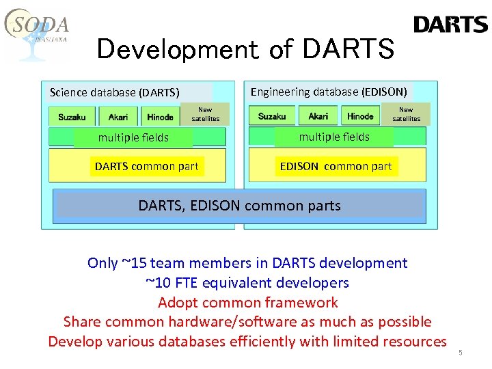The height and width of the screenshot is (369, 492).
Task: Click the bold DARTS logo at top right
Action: [x=450, y=25]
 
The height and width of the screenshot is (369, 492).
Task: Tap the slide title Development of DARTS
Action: [x=245, y=49]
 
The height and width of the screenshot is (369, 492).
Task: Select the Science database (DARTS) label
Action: [x=115, y=92]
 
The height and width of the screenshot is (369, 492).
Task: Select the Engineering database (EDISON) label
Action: [x=329, y=92]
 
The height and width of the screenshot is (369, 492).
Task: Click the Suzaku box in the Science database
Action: [x=72, y=117]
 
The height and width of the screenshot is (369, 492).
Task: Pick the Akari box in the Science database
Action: [x=118, y=117]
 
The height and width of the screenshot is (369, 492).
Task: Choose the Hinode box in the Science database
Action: [x=160, y=117]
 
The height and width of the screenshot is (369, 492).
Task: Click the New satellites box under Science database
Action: [x=205, y=114]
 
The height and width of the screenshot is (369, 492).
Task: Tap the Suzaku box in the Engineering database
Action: [x=272, y=116]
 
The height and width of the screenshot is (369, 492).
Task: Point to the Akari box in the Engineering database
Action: [x=318, y=116]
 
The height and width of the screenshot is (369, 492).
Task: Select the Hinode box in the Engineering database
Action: [x=360, y=116]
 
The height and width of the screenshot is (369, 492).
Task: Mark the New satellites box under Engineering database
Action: [x=406, y=113]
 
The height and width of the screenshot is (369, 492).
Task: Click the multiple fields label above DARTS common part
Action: [x=133, y=137]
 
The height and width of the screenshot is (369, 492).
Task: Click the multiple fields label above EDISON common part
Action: [x=334, y=137]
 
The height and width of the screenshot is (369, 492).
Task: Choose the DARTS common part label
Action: [x=147, y=166]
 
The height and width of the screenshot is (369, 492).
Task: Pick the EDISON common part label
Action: [x=336, y=166]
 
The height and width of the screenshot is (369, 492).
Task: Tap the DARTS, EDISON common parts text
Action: [x=239, y=205]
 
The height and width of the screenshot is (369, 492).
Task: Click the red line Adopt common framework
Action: [x=247, y=302]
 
